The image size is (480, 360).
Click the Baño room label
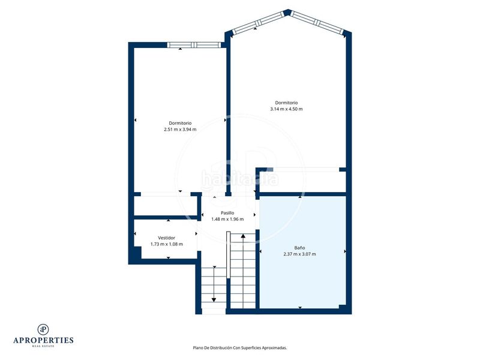tap(299, 247)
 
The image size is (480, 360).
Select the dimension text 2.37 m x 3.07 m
tap(299, 254)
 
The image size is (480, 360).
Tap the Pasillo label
tap(227, 212)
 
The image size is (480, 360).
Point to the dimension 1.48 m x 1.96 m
tap(227, 219)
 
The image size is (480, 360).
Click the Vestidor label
tap(166, 238)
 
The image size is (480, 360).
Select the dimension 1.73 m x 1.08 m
tap(166, 244)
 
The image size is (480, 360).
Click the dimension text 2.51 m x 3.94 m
tap(180, 129)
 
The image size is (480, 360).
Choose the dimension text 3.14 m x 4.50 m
tap(286, 109)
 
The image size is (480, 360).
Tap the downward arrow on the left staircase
tap(214, 298)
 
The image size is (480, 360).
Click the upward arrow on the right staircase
tap(243, 236)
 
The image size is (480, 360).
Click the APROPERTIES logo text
tap(43, 340)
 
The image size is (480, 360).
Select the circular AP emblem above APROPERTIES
tap(43, 329)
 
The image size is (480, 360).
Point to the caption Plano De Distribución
tap(239, 347)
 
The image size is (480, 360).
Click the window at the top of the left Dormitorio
tap(193, 44)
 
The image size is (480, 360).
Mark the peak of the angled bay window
tap(287, 11)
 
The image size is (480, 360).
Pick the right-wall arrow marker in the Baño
tap(345, 251)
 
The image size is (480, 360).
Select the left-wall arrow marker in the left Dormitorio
tap(135, 121)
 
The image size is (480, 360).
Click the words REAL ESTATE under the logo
tap(43, 347)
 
